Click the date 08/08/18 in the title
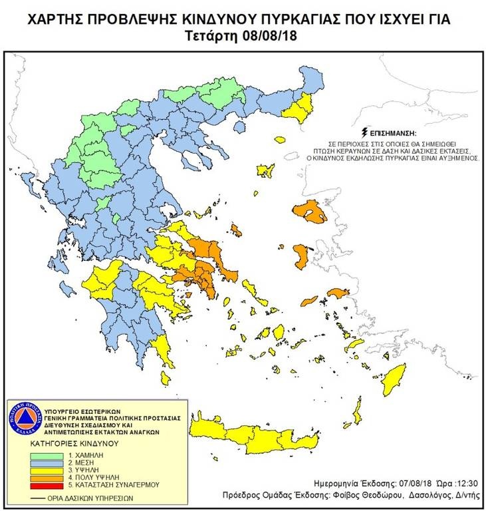click(269, 35)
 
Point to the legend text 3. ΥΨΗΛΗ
click(78, 470)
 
